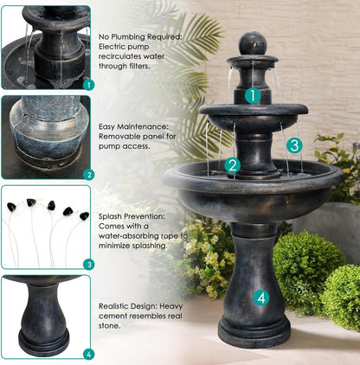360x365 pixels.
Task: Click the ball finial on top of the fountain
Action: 253,41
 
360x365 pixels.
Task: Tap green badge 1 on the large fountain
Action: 251,96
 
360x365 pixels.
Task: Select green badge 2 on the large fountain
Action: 232,165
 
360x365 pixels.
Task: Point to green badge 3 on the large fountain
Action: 294,145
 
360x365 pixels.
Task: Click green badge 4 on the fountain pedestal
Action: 262,298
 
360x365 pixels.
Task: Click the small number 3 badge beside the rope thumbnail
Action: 87,264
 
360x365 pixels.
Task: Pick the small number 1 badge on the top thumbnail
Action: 87,85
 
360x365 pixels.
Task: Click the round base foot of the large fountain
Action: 254,331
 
